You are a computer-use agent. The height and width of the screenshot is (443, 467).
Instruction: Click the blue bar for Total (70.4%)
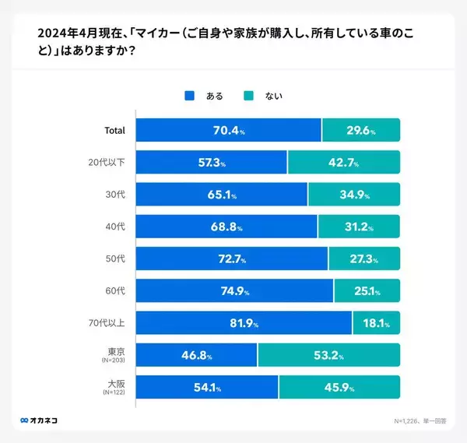pos(228,130)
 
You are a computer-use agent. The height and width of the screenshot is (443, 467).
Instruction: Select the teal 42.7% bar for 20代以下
pos(343,162)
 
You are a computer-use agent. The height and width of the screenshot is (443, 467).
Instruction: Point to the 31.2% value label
pos(359,227)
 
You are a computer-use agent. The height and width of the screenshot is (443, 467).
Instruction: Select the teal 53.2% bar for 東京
pos(328,355)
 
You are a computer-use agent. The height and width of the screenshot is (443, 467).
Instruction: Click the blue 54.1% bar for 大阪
pos(207,387)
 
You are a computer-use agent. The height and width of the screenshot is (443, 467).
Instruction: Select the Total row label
pos(114,130)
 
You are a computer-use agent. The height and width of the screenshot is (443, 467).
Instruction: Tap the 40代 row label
pos(116,227)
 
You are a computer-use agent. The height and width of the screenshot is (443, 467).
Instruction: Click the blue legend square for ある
pos(189,97)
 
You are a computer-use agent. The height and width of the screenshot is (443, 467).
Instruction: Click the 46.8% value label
pos(197,355)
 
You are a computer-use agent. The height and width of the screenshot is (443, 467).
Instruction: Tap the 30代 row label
pos(116,194)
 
